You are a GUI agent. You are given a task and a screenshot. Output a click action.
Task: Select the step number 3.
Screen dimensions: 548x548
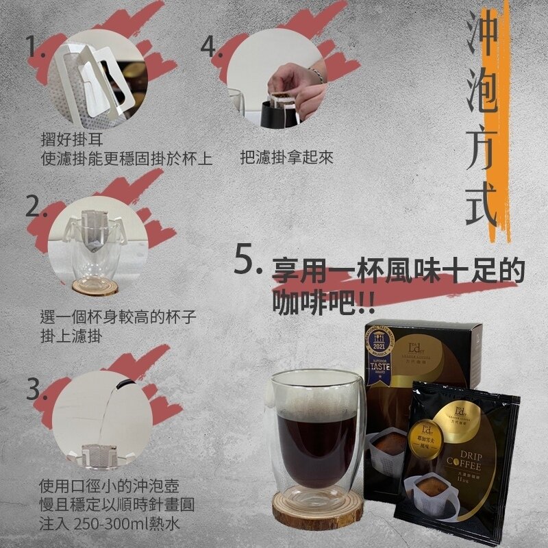[35, 388]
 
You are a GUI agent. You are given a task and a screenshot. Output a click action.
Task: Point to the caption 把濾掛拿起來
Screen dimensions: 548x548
[287, 158]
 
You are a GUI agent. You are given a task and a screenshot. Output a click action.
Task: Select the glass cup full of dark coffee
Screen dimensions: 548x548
[314, 432]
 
